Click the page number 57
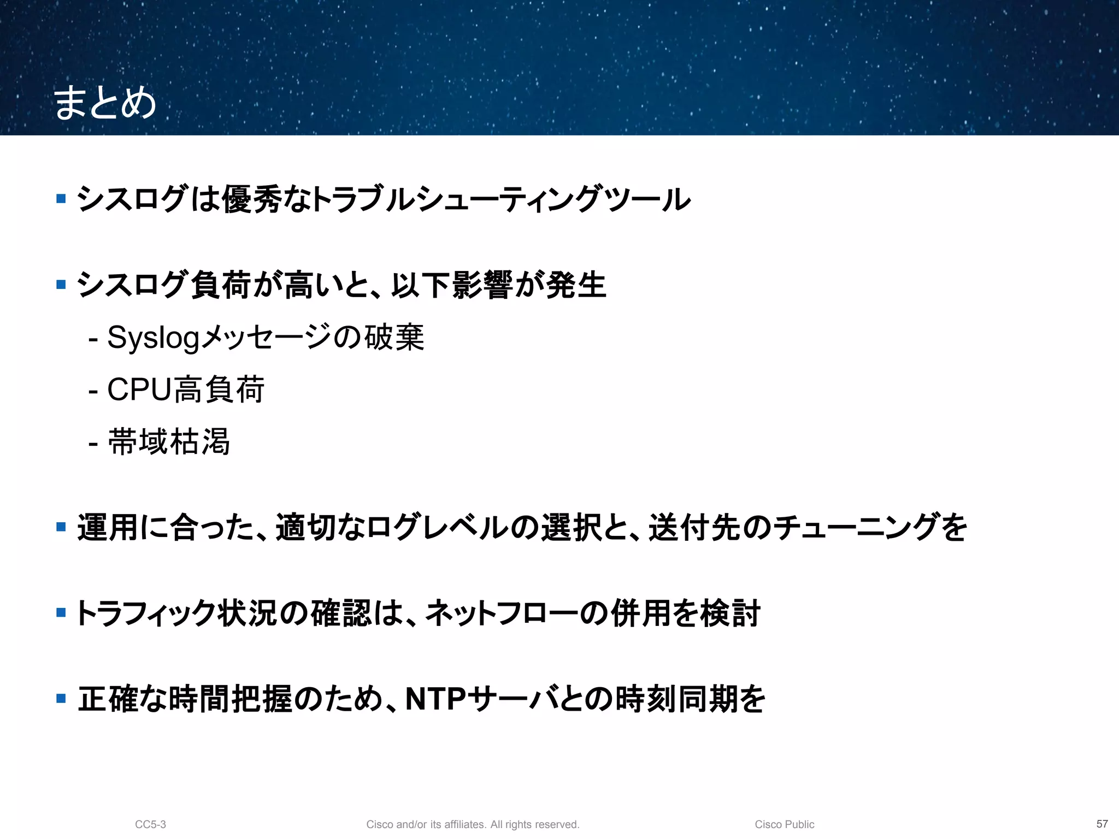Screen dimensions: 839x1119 pos(1102,824)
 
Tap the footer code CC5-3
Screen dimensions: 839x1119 pos(150,824)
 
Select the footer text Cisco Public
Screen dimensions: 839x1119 pos(784,824)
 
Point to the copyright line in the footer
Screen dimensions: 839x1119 pos(473,824)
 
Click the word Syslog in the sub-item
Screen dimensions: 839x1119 pos(153,338)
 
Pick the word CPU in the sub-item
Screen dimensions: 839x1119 pos(139,389)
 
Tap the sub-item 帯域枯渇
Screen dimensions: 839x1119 pos(169,441)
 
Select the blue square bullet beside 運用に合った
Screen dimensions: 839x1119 pos(61,527)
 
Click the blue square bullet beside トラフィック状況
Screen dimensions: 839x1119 pos(61,613)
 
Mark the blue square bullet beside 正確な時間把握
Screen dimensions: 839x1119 pos(61,698)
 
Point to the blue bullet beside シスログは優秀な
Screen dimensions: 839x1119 pos(61,199)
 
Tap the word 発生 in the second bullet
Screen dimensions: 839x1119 pos(576,285)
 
